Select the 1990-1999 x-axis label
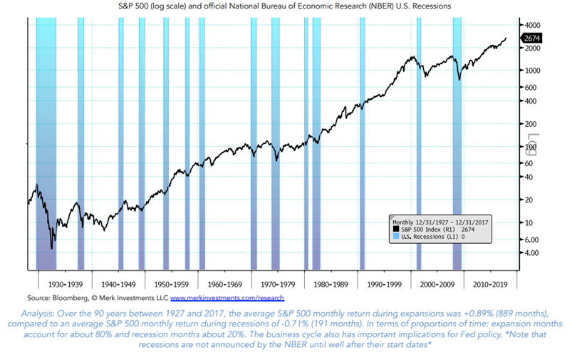click(x=385, y=283)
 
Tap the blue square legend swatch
click(x=395, y=237)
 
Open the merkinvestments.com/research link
click(x=227, y=297)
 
